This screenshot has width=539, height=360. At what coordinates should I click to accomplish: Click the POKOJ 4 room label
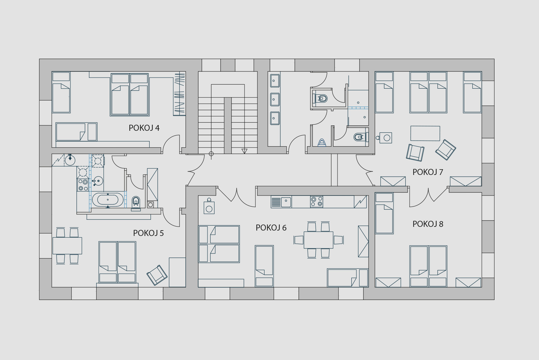144,128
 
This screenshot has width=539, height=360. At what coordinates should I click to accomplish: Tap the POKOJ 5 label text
148,233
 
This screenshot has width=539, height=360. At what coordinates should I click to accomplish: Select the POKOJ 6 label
271,228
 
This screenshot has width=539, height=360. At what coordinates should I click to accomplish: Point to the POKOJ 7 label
427,172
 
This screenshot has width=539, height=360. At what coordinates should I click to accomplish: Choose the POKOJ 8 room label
427,224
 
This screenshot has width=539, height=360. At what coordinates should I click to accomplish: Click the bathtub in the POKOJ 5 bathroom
108,200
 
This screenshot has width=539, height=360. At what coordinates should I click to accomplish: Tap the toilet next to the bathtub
136,203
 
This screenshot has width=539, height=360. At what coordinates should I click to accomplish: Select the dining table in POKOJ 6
318,240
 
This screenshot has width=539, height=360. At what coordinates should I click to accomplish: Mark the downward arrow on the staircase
245,151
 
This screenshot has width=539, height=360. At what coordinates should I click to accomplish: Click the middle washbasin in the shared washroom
275,99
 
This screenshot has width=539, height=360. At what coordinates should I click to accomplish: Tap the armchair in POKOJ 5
157,275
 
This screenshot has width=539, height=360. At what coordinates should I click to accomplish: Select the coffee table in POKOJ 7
425,133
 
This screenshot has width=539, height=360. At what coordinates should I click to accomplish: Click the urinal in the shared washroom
322,143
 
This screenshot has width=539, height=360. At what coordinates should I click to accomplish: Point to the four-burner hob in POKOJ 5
83,185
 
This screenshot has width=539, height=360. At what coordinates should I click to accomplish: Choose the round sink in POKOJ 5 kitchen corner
70,160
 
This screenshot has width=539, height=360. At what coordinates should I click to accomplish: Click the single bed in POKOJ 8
384,213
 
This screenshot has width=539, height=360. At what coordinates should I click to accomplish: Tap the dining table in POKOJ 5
67,246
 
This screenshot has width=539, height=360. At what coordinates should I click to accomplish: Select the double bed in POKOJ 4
130,95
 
